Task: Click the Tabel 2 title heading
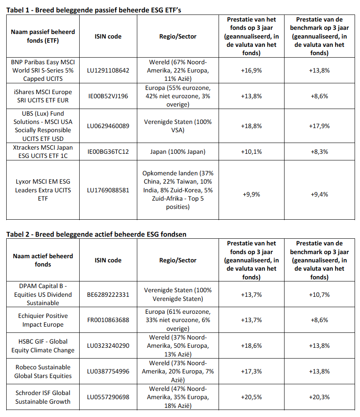pos(96,234)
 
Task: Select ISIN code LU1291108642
pos(108,70)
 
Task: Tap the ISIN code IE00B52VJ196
pos(108,96)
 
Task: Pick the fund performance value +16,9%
pos(251,70)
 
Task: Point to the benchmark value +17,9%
pos(319,126)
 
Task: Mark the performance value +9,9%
pos(251,194)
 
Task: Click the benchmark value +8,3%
pos(319,152)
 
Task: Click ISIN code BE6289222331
pos(108,295)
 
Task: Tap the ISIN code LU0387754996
pos(108,372)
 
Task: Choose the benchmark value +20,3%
pos(319,397)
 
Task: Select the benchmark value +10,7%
pos(319,295)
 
